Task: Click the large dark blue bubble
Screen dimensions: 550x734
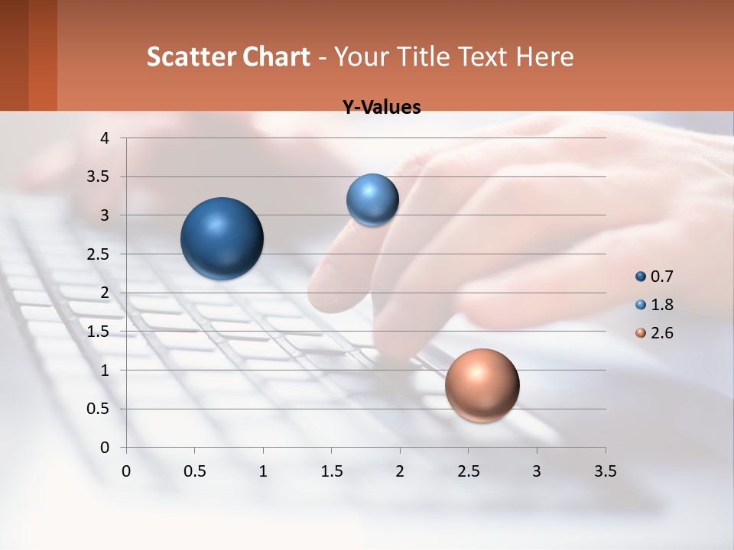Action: click(222, 238)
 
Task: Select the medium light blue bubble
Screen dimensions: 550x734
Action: click(372, 199)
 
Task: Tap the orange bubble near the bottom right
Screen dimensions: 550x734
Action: click(482, 385)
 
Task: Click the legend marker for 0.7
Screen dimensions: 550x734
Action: click(641, 277)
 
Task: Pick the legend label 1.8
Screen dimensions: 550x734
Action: click(662, 305)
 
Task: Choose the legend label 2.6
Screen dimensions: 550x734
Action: click(662, 333)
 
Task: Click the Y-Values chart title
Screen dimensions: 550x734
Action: click(382, 108)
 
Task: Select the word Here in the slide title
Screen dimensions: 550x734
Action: click(545, 57)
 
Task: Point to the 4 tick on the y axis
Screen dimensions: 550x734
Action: click(105, 138)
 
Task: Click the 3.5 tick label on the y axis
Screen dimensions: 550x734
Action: click(99, 177)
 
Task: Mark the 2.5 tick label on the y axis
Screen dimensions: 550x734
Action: click(99, 254)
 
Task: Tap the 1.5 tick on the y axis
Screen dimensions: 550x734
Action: click(99, 332)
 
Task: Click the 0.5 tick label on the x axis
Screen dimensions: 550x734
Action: click(195, 471)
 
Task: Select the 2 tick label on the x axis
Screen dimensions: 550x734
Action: click(400, 471)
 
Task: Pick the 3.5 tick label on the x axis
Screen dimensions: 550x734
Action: click(605, 471)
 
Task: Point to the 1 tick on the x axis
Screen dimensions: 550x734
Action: click(263, 471)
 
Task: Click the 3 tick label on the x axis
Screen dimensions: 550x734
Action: click(537, 471)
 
